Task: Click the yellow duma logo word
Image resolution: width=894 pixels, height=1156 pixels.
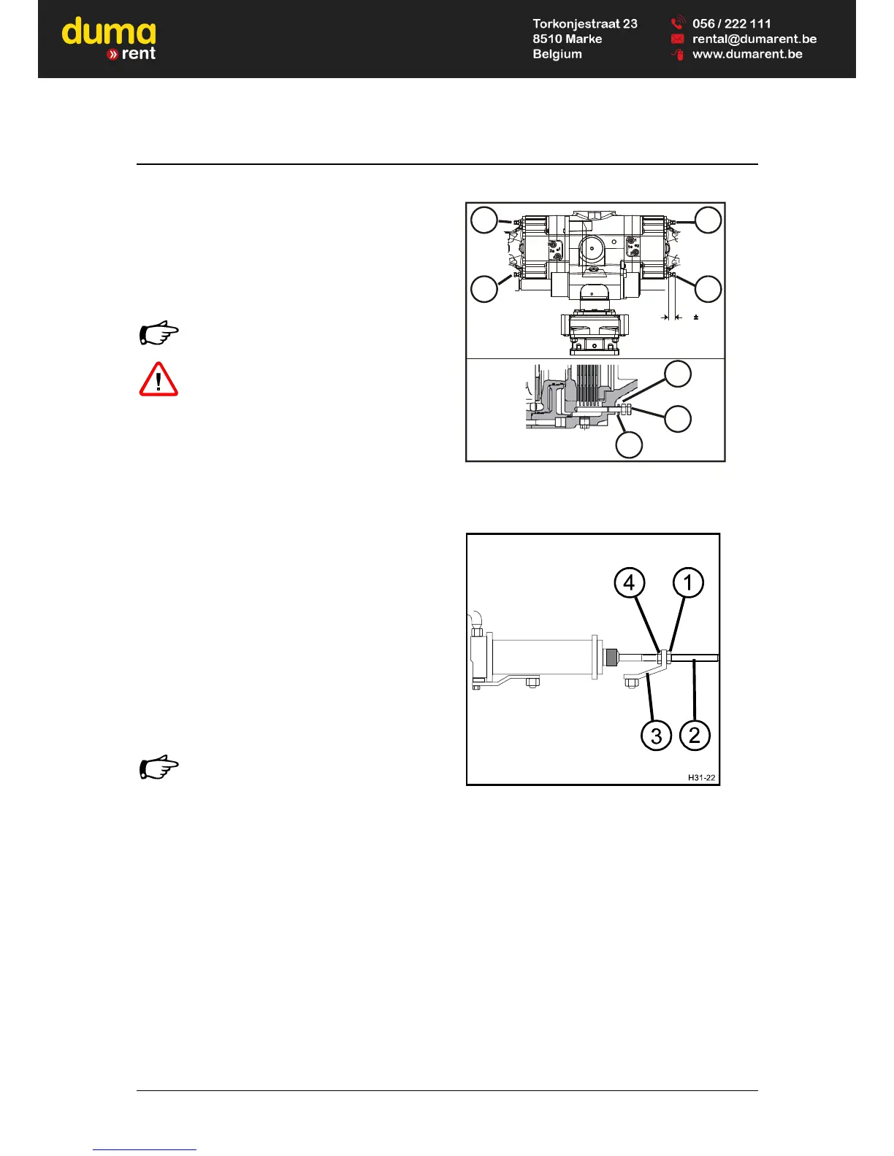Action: coord(109,32)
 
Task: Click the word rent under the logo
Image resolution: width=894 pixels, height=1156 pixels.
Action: coord(138,53)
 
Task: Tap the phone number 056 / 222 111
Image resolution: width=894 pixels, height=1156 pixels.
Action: coord(731,23)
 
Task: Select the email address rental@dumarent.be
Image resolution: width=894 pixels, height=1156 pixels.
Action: coord(754,39)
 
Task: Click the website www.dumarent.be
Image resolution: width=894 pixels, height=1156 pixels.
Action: coord(746,54)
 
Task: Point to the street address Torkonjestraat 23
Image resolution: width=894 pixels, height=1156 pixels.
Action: coord(584,23)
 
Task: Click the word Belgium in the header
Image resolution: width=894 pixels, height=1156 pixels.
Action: coord(557,54)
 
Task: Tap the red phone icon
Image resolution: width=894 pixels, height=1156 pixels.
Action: coord(677,23)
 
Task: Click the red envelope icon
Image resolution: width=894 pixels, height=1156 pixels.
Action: coord(677,39)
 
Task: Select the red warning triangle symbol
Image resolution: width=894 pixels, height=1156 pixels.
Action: coord(158,379)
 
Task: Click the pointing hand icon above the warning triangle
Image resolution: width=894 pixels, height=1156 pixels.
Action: coord(158,334)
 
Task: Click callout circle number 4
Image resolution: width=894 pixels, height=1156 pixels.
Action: coord(629,582)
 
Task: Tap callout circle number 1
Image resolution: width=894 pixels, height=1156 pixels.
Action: coord(688,582)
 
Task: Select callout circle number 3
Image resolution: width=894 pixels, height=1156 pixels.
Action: coord(656,735)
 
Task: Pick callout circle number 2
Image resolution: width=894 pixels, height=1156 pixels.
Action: coord(695,734)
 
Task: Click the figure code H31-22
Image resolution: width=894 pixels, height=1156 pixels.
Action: coord(701,777)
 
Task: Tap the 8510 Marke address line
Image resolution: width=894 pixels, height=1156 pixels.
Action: coord(567,39)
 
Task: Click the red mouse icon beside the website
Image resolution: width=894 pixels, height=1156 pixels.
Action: coord(678,55)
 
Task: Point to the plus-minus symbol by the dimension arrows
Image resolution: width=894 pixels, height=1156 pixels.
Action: coord(696,317)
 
